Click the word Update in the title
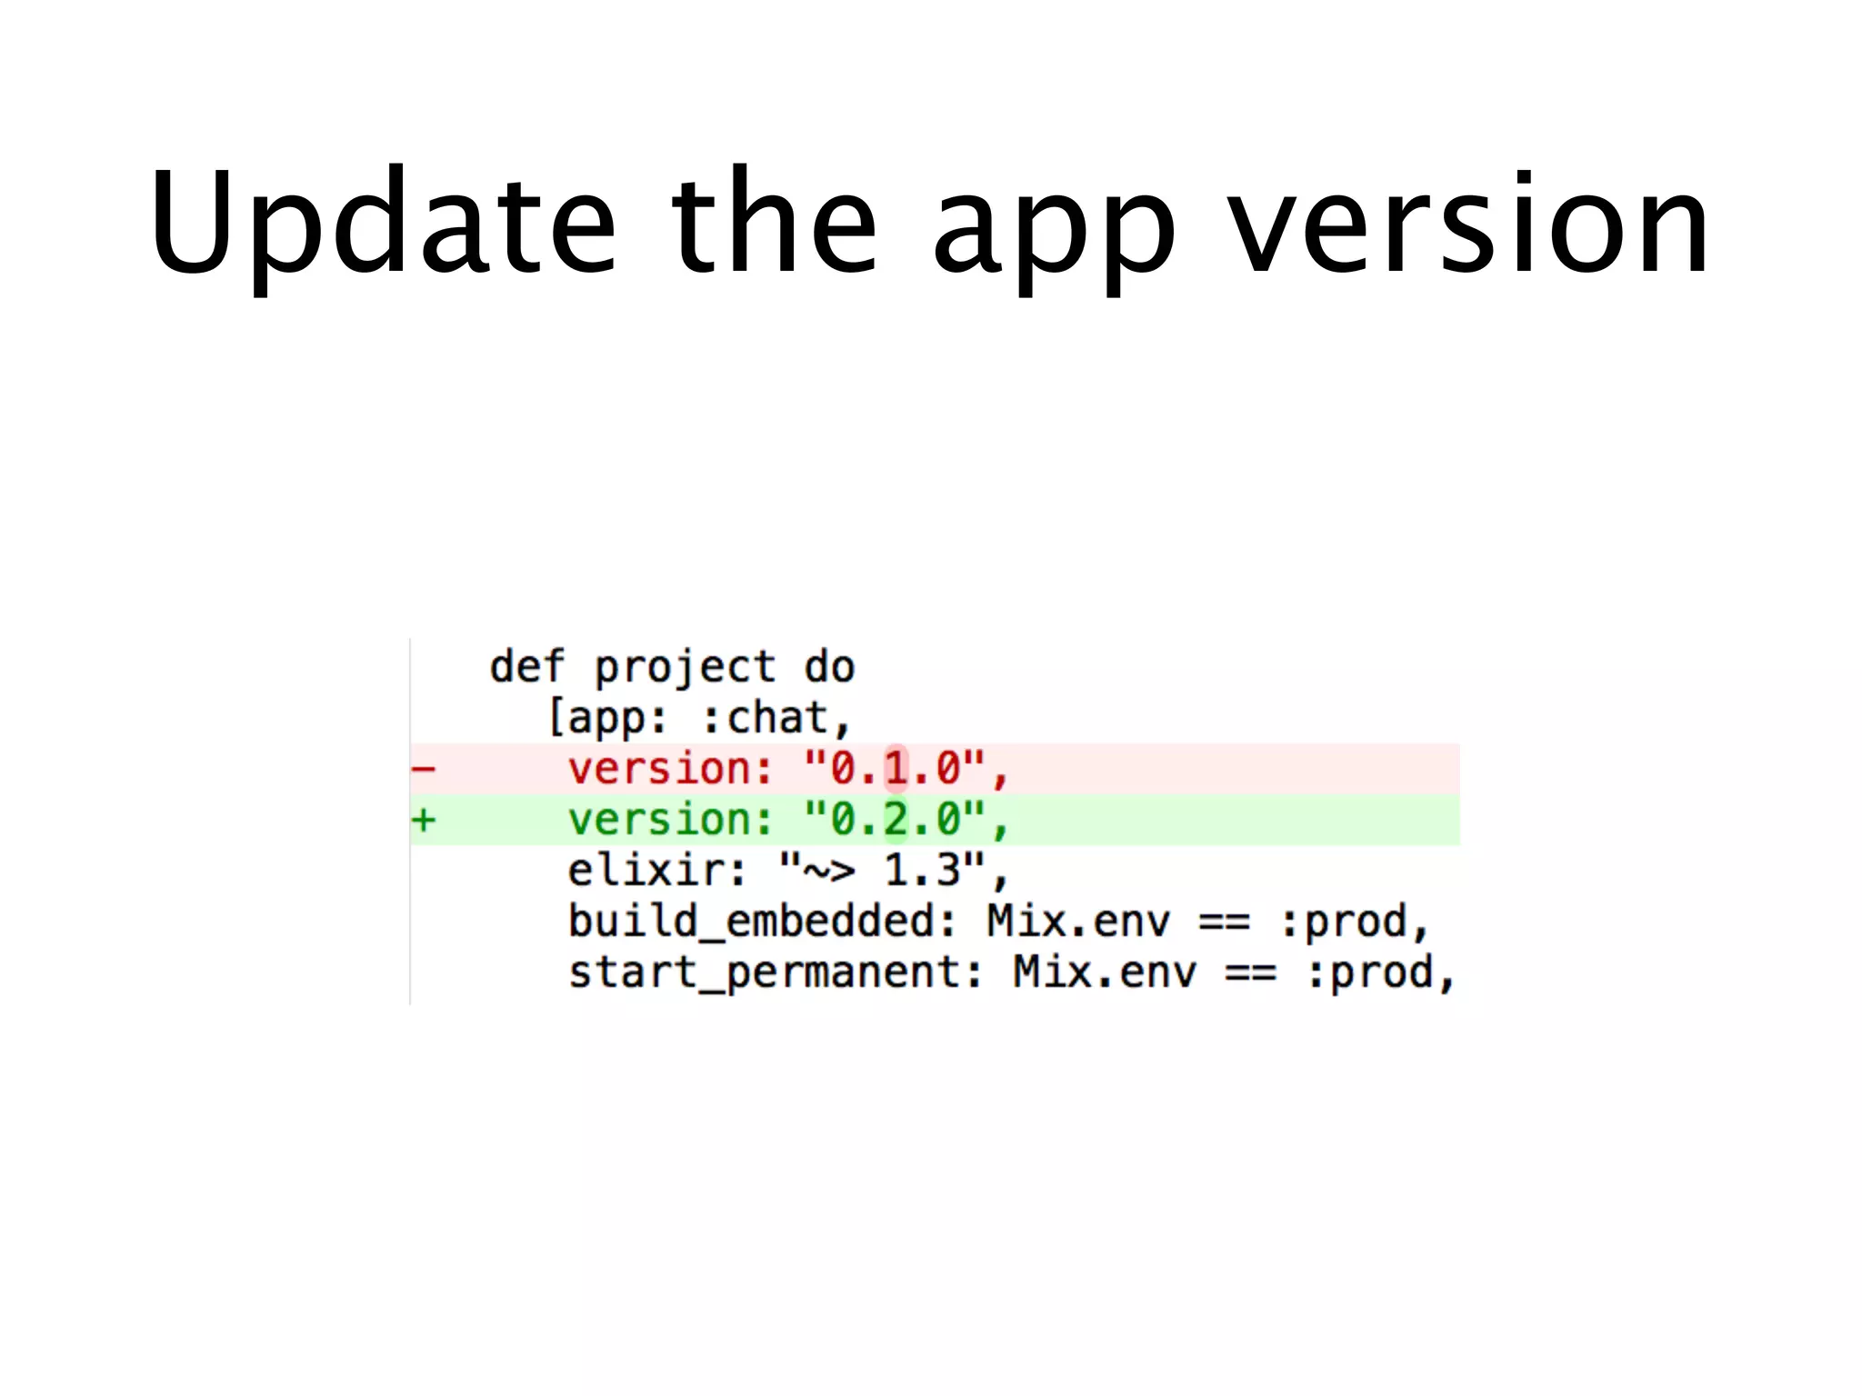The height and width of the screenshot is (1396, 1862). point(382,223)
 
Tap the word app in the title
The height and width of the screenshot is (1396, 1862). point(1055,227)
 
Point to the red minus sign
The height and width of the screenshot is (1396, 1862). point(424,770)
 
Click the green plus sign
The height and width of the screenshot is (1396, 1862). point(424,821)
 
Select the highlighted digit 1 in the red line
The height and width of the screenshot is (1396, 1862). point(896,769)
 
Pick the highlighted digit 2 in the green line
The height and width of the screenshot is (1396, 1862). point(896,820)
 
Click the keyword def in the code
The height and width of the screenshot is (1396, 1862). point(527,667)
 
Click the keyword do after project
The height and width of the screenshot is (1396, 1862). point(830,667)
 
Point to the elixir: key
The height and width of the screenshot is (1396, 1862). point(656,871)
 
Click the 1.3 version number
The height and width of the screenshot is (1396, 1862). point(922,871)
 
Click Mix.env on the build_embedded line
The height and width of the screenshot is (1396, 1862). point(1078,922)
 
